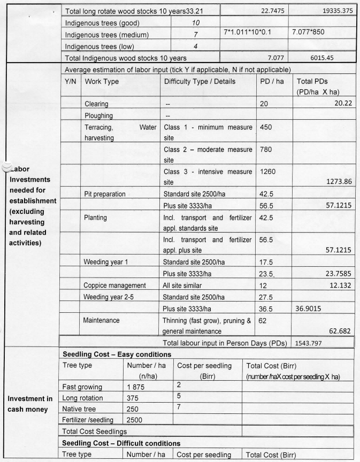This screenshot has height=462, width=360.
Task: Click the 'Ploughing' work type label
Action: coord(98,115)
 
